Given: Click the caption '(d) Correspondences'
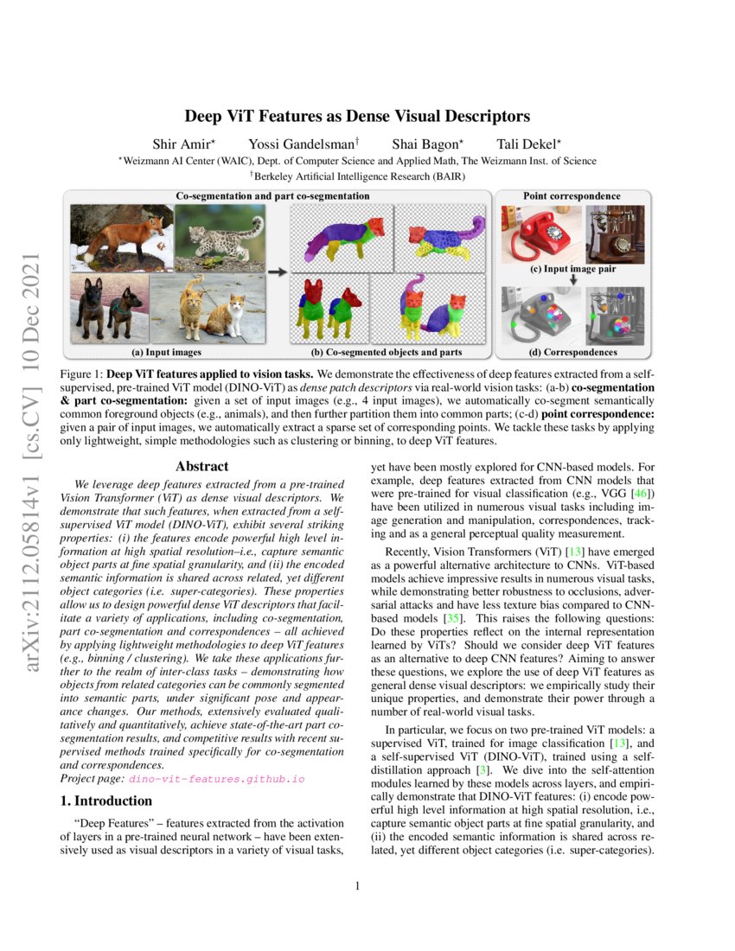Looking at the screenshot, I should coord(572,353).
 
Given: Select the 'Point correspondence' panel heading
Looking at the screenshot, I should coord(572,196).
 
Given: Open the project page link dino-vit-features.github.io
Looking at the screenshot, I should coord(217,778).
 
